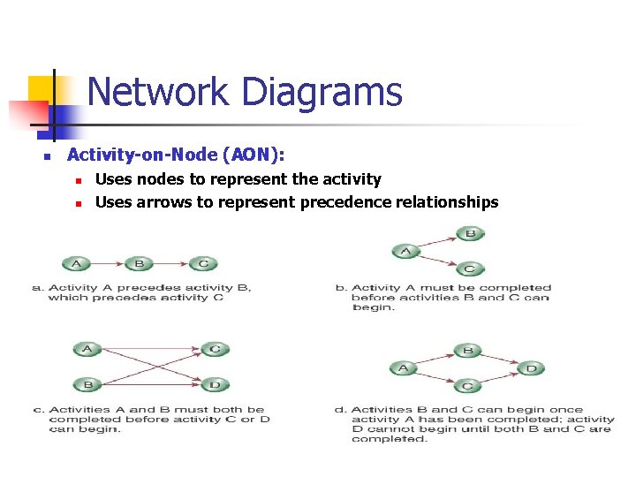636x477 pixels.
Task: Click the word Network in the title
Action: click(x=156, y=92)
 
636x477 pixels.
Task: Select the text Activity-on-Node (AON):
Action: click(x=176, y=155)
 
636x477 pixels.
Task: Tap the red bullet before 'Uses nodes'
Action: click(x=78, y=180)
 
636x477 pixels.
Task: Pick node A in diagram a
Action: click(x=76, y=263)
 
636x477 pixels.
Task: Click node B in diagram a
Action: click(x=140, y=263)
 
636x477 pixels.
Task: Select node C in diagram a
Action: click(x=203, y=263)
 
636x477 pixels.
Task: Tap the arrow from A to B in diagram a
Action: click(x=108, y=263)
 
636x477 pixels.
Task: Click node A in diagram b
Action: click(x=406, y=252)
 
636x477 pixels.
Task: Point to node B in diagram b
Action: click(x=470, y=234)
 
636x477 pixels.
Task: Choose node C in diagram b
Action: click(x=470, y=269)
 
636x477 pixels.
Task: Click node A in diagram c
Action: click(x=87, y=349)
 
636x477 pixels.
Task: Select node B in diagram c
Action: click(x=87, y=384)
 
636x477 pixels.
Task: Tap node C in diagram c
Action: click(x=215, y=349)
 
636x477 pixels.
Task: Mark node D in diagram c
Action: click(x=215, y=384)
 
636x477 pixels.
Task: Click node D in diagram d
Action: click(x=531, y=368)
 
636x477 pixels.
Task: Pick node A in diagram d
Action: click(x=404, y=368)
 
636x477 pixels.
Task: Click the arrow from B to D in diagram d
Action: click(x=499, y=359)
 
